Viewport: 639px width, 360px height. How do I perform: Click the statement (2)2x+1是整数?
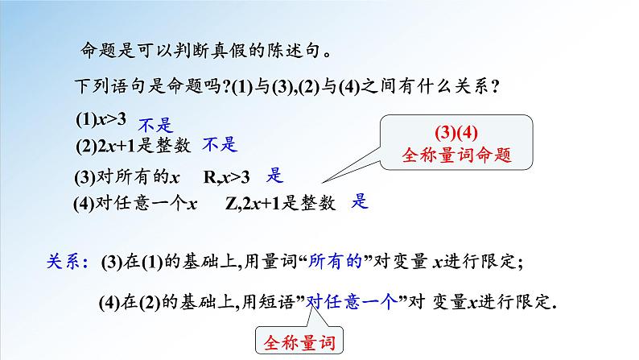132,145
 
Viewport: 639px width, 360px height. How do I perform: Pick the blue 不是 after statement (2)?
220,144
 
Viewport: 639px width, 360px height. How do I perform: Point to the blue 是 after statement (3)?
274,174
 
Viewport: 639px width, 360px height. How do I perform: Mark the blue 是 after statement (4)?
360,201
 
